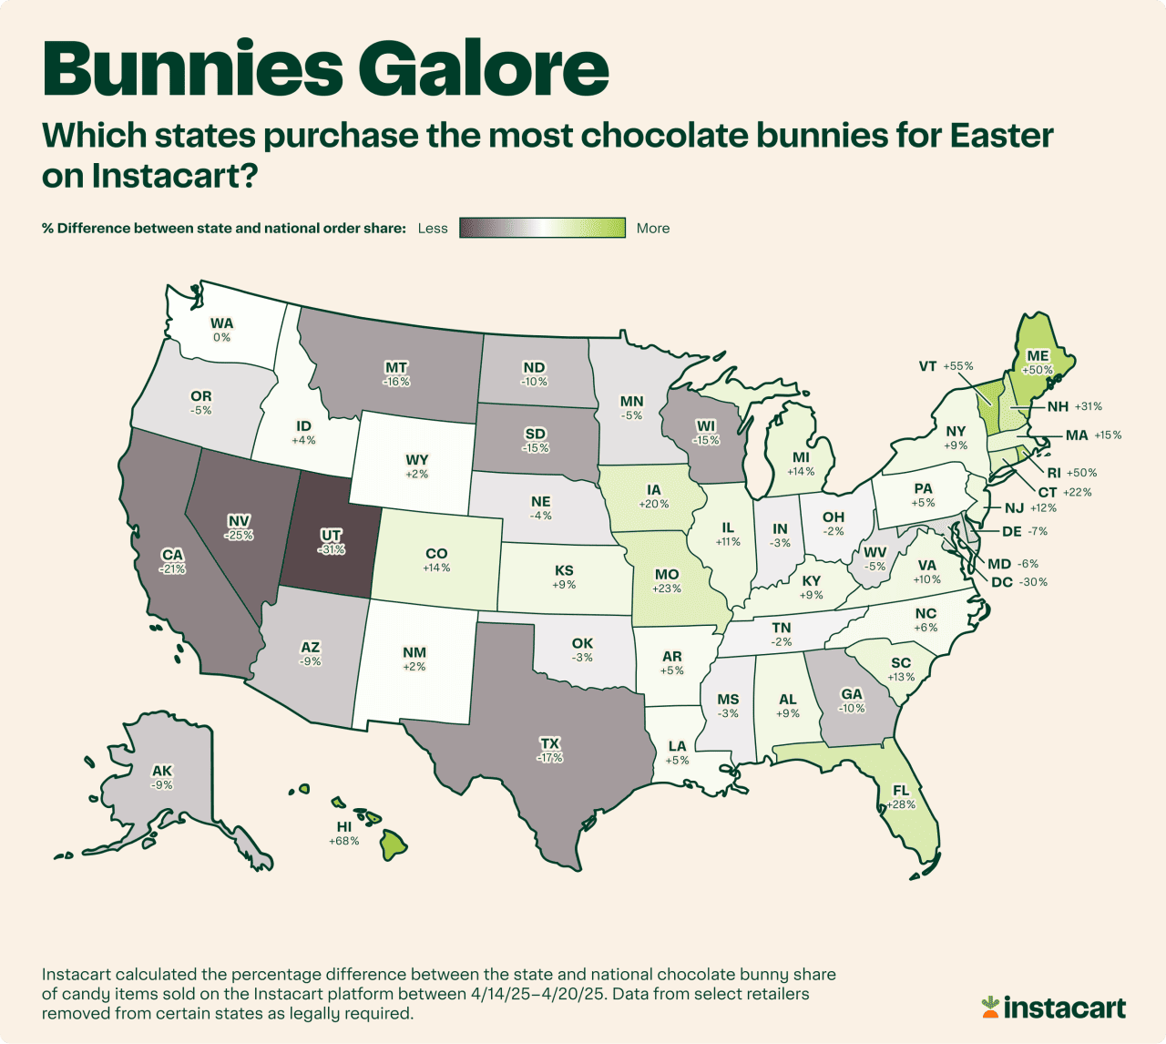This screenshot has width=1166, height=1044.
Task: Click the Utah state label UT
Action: (x=332, y=536)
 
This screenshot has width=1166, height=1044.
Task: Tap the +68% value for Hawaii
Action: (x=343, y=841)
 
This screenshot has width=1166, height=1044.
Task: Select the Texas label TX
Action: (x=549, y=744)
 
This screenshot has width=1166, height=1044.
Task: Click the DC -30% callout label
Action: (x=1018, y=582)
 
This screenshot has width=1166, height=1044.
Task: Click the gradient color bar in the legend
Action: (x=542, y=228)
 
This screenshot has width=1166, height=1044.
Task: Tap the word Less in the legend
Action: (x=433, y=229)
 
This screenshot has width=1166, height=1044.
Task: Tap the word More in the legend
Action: (x=653, y=229)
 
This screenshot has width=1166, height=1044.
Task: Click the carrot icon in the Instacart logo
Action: (x=990, y=1007)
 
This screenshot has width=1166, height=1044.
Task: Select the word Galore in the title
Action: (x=483, y=68)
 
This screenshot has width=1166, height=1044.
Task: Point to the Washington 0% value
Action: (x=221, y=337)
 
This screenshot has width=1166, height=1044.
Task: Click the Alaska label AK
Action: (x=162, y=771)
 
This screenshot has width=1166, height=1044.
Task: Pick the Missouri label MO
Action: (x=667, y=574)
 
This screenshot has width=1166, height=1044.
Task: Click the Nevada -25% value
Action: (x=240, y=536)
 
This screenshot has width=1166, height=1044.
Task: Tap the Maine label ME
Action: (x=1038, y=356)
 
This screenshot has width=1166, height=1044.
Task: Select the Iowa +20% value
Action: (x=654, y=504)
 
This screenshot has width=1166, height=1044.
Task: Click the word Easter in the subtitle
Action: (x=1001, y=136)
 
